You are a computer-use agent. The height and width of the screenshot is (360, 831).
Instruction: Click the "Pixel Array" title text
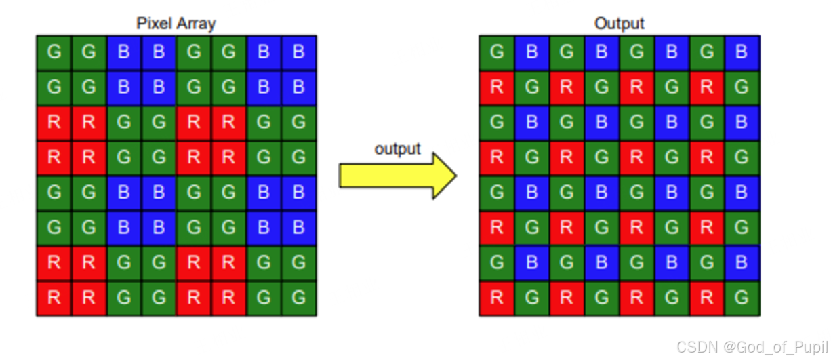[176, 24]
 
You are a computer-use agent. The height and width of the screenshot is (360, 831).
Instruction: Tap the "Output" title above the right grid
[619, 24]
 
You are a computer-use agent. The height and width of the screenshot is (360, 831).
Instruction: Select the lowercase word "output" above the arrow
[398, 149]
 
